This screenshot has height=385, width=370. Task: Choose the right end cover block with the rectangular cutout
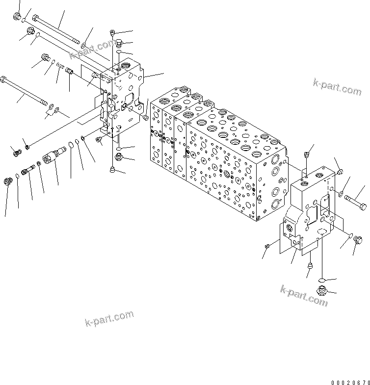(x=309, y=211)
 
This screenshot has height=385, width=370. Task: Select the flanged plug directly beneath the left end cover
(x=118, y=156)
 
